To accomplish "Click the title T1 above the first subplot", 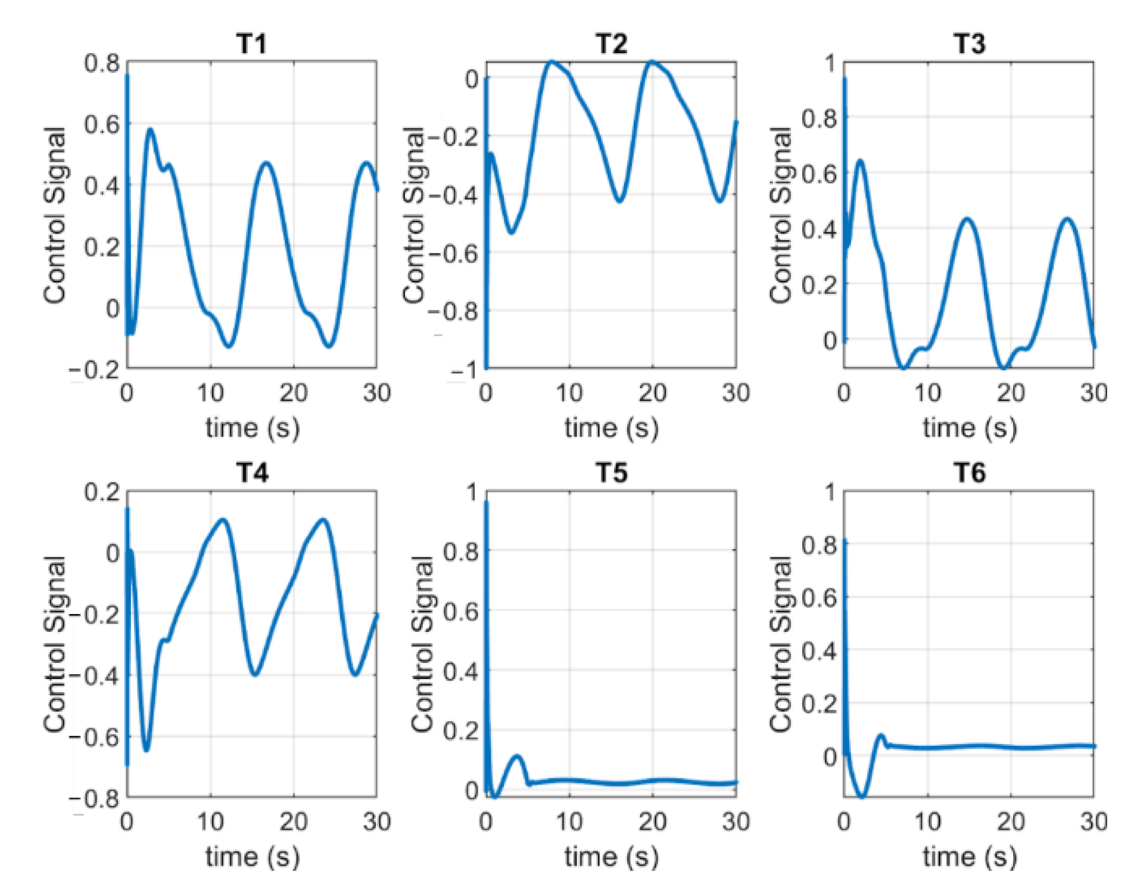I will click(251, 44).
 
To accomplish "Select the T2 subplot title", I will click(611, 44).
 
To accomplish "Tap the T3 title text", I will click(969, 44).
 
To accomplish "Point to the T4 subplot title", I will click(251, 473).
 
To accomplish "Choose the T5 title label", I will click(611, 473).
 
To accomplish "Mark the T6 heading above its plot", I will click(969, 473).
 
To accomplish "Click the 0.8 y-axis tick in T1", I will click(102, 63).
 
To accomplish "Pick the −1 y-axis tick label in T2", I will click(463, 370).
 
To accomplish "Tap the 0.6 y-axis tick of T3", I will click(819, 173).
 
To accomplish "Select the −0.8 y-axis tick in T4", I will click(95, 798).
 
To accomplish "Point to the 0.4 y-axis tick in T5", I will click(461, 671).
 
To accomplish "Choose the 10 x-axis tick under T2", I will click(569, 393).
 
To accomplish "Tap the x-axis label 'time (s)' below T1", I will click(252, 428).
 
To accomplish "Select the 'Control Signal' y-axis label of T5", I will click(423, 644).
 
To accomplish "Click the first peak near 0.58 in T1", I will click(150, 129).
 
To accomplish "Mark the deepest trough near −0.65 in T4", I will click(147, 749).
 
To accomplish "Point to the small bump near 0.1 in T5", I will click(517, 757).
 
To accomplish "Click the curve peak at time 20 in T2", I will click(653, 61).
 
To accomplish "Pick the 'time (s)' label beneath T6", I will click(969, 857).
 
